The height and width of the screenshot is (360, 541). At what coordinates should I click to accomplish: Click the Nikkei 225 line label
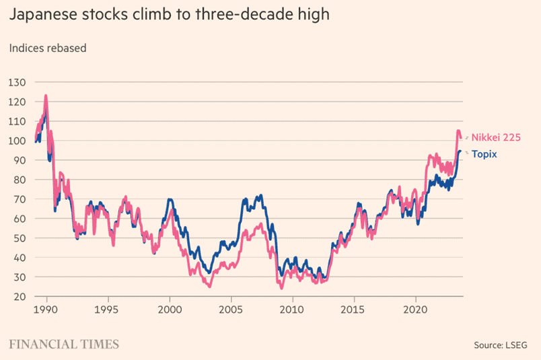pos(497,137)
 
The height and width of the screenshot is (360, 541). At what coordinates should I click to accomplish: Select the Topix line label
pos(484,153)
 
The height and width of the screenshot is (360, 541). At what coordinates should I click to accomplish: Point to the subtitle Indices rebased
pos(46,48)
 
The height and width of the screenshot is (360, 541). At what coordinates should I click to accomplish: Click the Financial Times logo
pos(64,344)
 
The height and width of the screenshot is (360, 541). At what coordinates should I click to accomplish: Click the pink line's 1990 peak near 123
pos(46,96)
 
